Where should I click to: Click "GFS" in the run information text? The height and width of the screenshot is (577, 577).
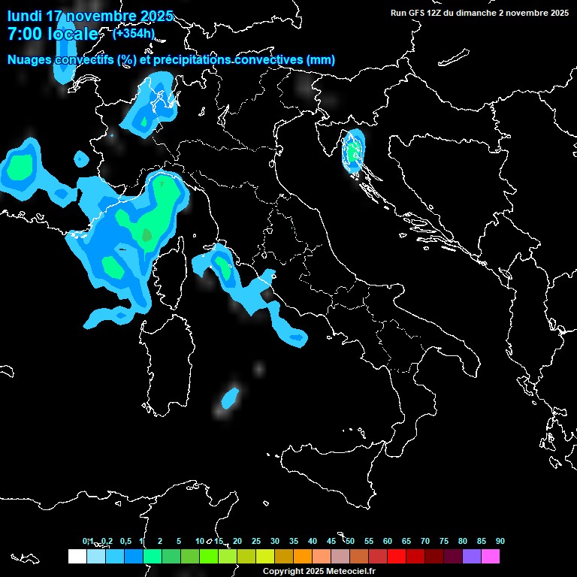coord(420,12)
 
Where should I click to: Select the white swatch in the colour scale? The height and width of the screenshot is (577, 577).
coord(77,556)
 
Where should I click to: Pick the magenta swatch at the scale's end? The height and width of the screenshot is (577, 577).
coord(490,556)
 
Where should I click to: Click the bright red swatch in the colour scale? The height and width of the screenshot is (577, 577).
coord(396,556)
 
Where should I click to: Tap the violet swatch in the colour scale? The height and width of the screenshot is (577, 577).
coord(471,556)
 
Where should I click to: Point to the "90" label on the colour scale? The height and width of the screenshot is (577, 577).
coord(500,542)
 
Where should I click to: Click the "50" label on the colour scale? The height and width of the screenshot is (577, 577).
coord(350,542)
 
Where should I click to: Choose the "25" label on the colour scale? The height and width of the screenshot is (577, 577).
coord(256,542)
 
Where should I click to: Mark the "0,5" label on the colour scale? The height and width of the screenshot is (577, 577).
coord(126,542)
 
